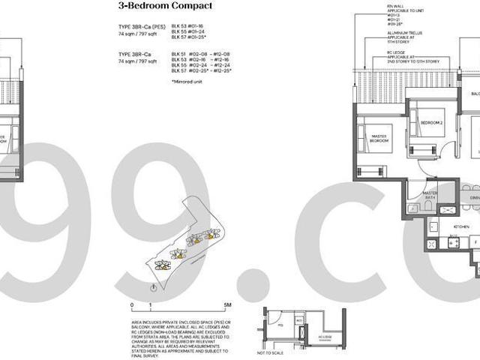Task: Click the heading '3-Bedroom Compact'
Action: pos(166,6)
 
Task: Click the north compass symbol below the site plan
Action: pos(153,288)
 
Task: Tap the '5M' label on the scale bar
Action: pos(227,305)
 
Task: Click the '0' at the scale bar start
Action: pos(132,305)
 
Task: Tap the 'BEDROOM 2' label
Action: pos(432,122)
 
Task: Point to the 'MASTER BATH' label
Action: pos(430,194)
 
